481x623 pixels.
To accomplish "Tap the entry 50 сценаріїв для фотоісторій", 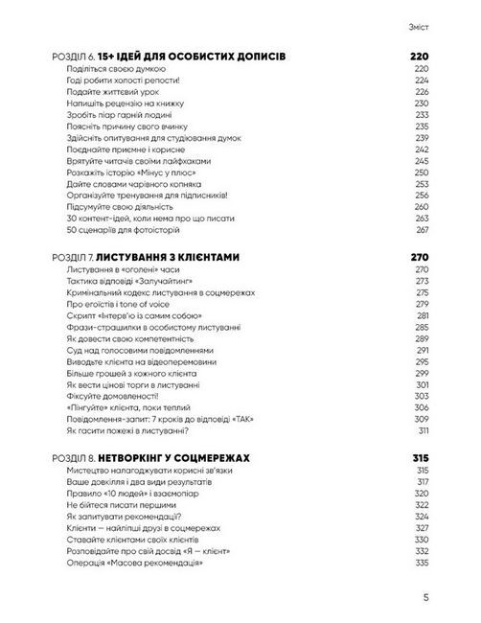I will [x=119, y=230].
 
